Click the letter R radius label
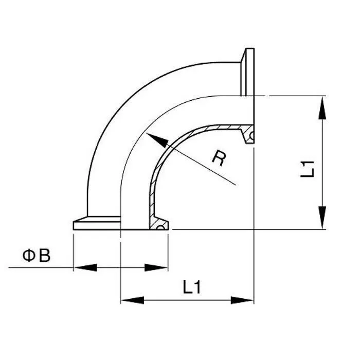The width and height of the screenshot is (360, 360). point(219,158)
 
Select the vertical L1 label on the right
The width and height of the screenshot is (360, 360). point(307,168)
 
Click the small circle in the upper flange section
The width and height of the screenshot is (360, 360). point(251,136)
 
